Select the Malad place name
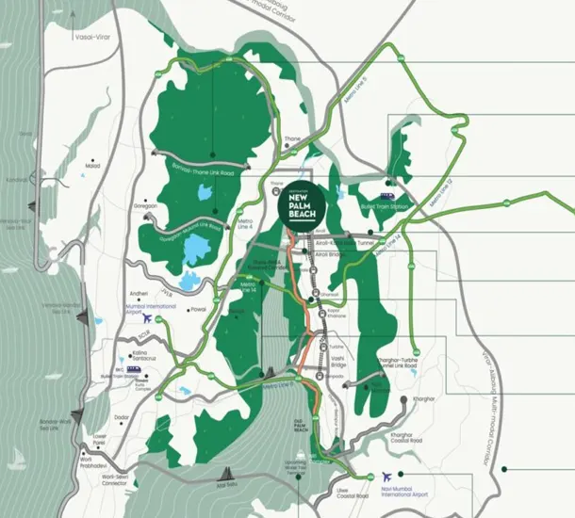[92, 166]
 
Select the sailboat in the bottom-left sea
[19, 462]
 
